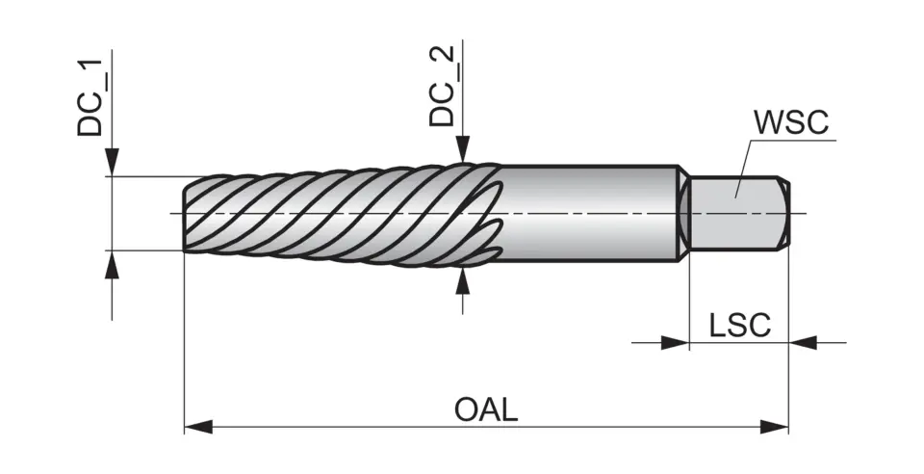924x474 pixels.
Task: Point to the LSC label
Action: click(739, 326)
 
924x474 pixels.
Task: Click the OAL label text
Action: click(486, 409)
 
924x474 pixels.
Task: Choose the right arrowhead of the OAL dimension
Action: click(775, 426)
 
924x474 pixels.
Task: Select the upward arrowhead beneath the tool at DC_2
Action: click(463, 279)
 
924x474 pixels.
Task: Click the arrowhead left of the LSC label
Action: click(676, 341)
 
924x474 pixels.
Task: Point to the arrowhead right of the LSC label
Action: click(802, 341)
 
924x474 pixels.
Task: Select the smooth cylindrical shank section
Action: click(587, 212)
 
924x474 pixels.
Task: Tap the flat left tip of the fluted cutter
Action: click(185, 214)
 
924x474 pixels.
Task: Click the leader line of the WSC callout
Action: click(746, 164)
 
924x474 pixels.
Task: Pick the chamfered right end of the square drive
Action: click(786, 212)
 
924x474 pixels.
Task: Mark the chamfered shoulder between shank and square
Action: click(682, 212)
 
